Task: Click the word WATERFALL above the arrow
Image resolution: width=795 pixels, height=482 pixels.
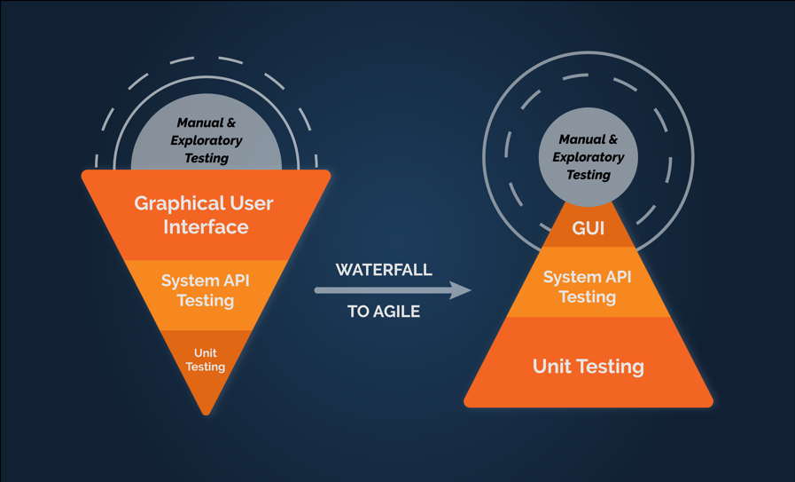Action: coord(384,270)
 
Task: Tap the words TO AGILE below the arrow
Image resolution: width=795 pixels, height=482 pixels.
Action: coord(384,312)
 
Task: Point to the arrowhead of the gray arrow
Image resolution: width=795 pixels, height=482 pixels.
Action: coord(461,290)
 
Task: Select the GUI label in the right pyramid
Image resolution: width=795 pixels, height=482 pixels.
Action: coord(588,228)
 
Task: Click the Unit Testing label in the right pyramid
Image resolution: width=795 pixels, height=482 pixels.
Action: coord(588,367)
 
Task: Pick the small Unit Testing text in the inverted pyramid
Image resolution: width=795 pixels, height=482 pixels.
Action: coord(206,360)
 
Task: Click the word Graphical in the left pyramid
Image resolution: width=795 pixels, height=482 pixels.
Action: coord(179,203)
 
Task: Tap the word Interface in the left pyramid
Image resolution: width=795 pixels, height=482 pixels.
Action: coord(206,226)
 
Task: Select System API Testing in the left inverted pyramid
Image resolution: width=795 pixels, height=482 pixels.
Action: coord(206,290)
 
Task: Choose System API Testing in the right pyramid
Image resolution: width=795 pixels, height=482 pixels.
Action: coord(588,287)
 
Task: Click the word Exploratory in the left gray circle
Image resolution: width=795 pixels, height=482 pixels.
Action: coord(207,140)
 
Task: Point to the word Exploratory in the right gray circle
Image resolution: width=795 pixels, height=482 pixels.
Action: coord(588,157)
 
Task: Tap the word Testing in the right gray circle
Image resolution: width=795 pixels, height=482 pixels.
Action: coord(588,175)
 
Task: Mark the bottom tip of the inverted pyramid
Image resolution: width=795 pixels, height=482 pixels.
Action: coord(206,415)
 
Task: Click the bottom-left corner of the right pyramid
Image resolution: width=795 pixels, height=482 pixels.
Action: coord(465,406)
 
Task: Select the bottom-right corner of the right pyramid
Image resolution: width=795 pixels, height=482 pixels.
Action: coord(712,406)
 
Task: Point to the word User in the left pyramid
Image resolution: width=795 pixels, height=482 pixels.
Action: coord(252,203)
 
